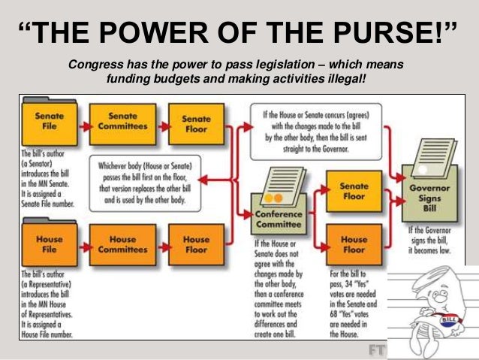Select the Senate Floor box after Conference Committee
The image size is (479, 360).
pos(354,191)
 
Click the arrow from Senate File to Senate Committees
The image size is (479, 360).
pos(82,125)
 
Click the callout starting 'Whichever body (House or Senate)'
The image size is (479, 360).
pos(158,183)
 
